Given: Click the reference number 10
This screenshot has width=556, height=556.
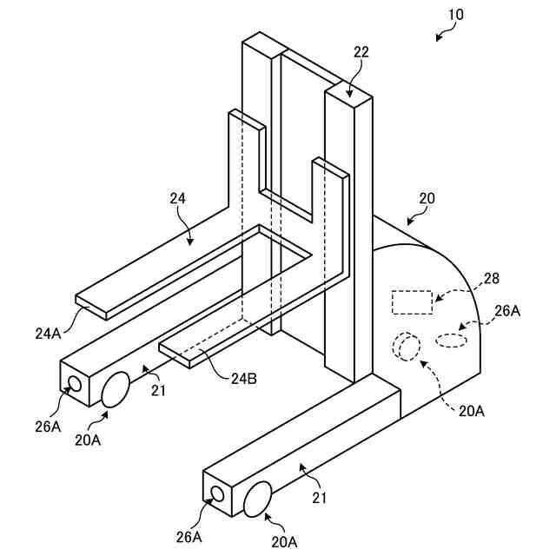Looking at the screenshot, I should [x=456, y=15].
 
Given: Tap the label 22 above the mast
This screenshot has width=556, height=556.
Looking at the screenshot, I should [x=361, y=52].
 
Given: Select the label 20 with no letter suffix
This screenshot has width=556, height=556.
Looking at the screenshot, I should [x=427, y=199].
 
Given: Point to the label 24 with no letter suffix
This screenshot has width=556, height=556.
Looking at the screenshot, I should [x=177, y=199].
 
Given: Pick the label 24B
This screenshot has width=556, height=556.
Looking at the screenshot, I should [x=244, y=378].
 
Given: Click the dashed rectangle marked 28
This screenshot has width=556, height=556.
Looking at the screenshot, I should [x=412, y=301].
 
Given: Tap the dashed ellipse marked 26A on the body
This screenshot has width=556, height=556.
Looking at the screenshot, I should [x=450, y=340].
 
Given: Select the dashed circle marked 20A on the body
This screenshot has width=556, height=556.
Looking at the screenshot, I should [x=406, y=347].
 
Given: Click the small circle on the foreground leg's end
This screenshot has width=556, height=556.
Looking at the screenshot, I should [x=217, y=494].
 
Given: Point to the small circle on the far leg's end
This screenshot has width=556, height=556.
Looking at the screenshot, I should [x=75, y=382].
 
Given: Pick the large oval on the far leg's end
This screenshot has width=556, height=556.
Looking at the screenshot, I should [x=116, y=390].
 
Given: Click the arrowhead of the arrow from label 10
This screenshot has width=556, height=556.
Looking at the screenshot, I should [x=437, y=38].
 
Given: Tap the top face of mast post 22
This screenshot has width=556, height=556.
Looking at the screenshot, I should [x=348, y=91].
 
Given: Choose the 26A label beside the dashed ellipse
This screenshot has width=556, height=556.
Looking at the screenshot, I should [x=508, y=310].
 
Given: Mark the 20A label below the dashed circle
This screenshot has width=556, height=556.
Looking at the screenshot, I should [x=472, y=411].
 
